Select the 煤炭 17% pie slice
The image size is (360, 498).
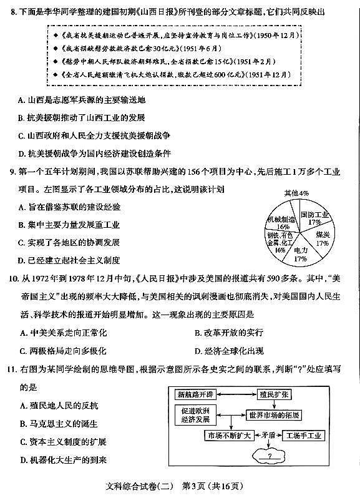[322, 238]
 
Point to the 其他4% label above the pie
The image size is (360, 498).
[296, 193]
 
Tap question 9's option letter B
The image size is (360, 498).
[21, 225]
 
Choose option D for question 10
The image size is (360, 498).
[197, 350]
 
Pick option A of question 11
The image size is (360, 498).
[21, 406]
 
